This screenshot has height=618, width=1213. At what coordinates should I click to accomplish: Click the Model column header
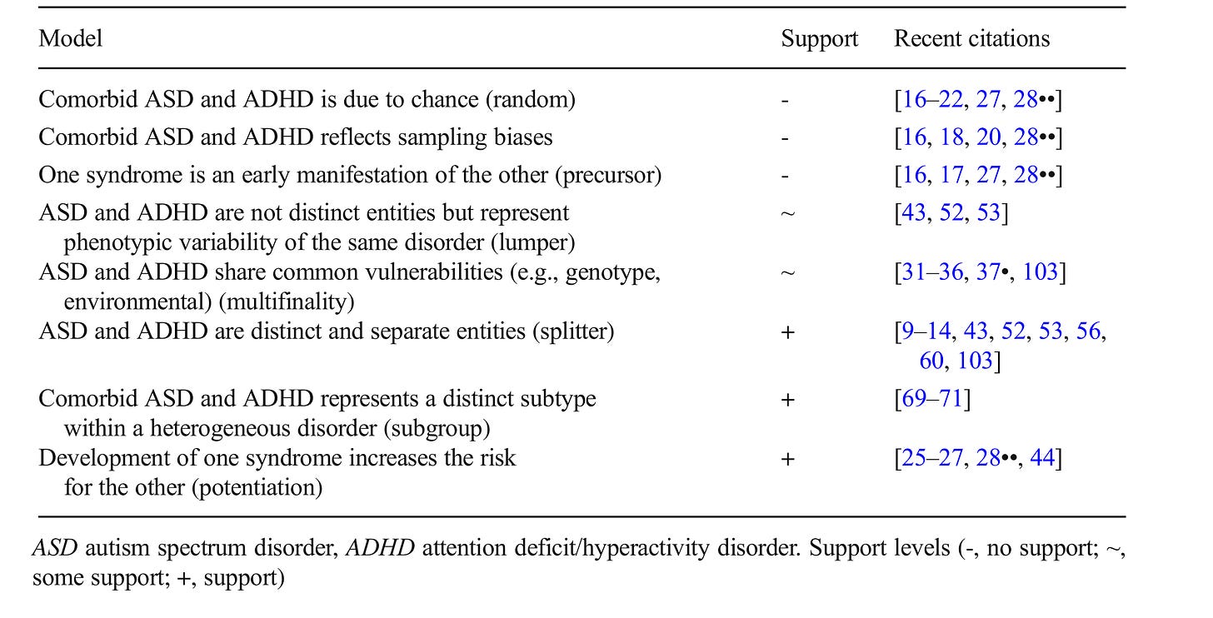tap(70, 38)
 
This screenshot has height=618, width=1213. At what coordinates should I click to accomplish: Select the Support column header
tap(819, 39)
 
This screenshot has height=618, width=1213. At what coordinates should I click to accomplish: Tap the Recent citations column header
tap(971, 38)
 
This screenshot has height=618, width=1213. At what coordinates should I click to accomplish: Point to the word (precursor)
tap(608, 176)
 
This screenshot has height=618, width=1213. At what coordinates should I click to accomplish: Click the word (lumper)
tap(533, 242)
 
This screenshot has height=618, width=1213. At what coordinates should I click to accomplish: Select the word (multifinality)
tap(287, 302)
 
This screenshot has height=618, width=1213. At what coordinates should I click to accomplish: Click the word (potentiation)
tap(257, 487)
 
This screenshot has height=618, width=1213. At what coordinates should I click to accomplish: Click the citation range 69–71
tap(931, 399)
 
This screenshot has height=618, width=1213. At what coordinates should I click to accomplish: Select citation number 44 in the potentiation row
tap(1042, 458)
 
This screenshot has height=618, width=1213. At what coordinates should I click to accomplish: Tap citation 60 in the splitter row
tap(931, 361)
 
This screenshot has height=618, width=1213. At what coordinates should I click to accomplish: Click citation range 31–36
tap(932, 272)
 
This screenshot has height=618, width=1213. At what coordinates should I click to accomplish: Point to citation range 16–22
tap(932, 100)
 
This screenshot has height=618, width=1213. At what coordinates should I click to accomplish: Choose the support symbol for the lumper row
tap(788, 213)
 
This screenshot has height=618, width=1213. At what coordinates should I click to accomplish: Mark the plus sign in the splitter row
tap(788, 332)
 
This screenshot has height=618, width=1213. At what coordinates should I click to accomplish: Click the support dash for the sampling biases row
tap(785, 138)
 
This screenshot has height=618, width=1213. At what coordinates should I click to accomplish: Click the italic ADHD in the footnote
tap(380, 548)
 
